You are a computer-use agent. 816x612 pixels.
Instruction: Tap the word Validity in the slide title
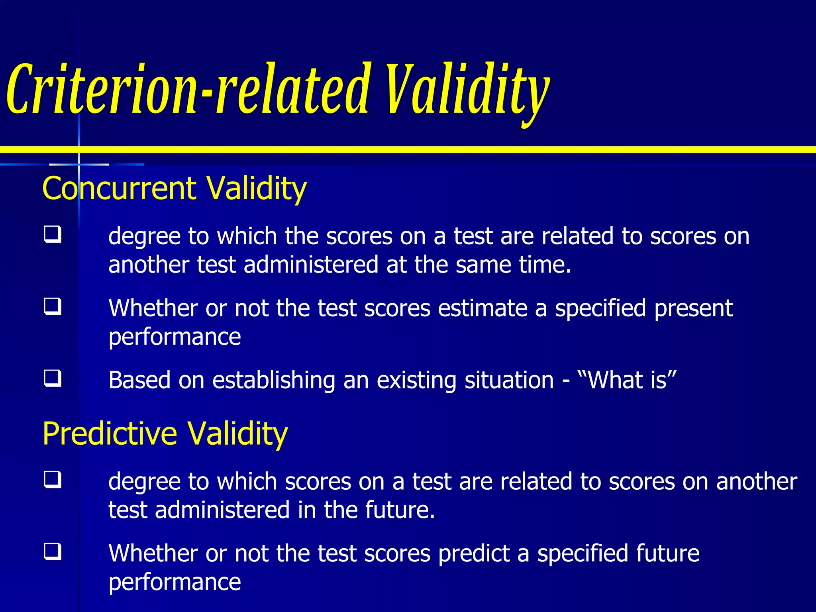coord(466,90)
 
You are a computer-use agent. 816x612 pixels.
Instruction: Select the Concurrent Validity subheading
coord(174,188)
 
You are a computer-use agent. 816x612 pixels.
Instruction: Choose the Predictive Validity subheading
coord(165,433)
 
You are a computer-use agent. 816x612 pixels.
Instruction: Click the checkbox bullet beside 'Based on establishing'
coord(53,378)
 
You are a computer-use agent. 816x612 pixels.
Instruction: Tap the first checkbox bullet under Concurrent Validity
coord(53,234)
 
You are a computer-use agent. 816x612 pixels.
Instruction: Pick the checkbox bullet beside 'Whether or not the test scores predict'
coord(53,551)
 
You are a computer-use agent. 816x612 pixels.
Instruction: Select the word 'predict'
coord(474,553)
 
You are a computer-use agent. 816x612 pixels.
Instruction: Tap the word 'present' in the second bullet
coord(693,308)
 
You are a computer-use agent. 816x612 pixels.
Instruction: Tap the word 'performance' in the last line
coord(175,583)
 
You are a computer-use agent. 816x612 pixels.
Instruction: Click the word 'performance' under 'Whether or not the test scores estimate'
coord(175,337)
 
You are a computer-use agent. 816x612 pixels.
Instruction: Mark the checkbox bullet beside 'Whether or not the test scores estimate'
coord(53,306)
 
